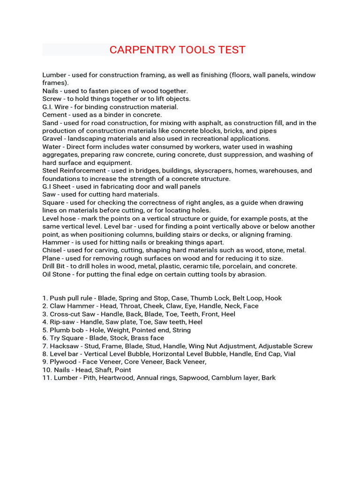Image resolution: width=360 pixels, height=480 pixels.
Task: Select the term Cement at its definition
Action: [55, 115]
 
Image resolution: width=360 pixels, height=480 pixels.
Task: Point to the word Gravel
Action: [53, 139]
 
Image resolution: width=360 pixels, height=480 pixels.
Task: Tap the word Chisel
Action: [52, 250]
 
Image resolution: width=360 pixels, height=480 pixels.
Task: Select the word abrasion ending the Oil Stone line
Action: [252, 274]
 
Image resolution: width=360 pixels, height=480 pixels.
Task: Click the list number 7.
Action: [45, 346]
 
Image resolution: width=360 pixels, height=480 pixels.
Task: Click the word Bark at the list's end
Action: [269, 378]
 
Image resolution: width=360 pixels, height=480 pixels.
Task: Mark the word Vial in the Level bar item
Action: [288, 354]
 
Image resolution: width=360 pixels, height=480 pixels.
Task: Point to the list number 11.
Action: [46, 378]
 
